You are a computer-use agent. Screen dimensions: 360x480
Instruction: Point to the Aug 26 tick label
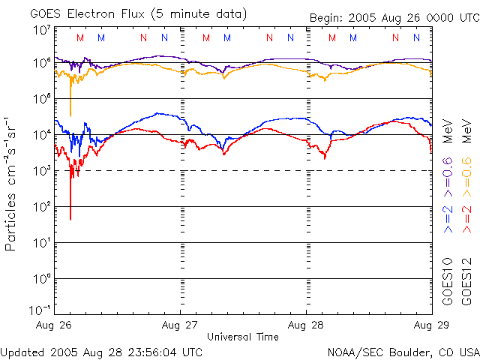point(54,326)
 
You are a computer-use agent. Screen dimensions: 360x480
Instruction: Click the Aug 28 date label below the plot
point(306,326)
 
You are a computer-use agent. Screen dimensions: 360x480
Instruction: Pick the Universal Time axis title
point(242,337)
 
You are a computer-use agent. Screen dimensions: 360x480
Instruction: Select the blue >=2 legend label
point(448,217)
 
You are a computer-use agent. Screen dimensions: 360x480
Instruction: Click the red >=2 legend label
point(465,217)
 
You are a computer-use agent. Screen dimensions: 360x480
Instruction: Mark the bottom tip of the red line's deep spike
point(70,219)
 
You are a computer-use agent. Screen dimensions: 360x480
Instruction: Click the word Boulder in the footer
point(415,352)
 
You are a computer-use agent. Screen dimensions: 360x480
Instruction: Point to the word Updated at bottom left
point(22,352)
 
